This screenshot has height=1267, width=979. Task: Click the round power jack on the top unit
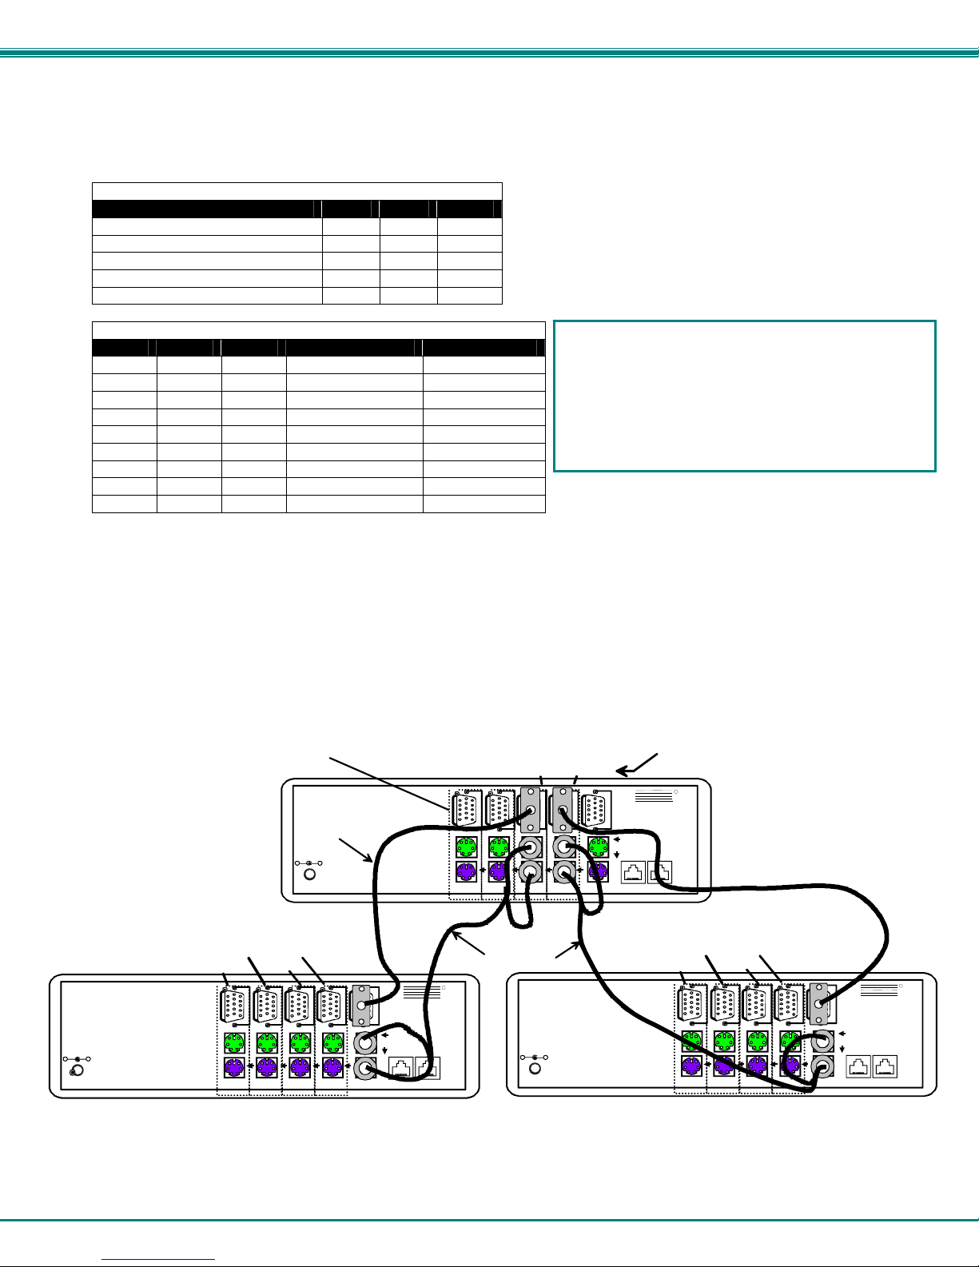pyautogui.click(x=311, y=873)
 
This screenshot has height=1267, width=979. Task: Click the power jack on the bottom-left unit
pyautogui.click(x=78, y=1070)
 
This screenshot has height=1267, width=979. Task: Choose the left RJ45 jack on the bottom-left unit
pyautogui.click(x=402, y=1067)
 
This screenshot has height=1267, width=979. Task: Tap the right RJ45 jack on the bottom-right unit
pyautogui.click(x=885, y=1066)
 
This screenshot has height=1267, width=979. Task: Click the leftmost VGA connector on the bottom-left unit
pyautogui.click(x=233, y=1006)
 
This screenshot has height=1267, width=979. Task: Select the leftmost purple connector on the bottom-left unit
pyautogui.click(x=233, y=1067)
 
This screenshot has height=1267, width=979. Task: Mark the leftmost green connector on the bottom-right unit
pyautogui.click(x=691, y=1041)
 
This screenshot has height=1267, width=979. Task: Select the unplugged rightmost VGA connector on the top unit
pyautogui.click(x=595, y=811)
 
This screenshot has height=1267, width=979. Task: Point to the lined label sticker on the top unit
pyautogui.click(x=655, y=797)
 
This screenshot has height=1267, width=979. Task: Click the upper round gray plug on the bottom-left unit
pyautogui.click(x=366, y=1042)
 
